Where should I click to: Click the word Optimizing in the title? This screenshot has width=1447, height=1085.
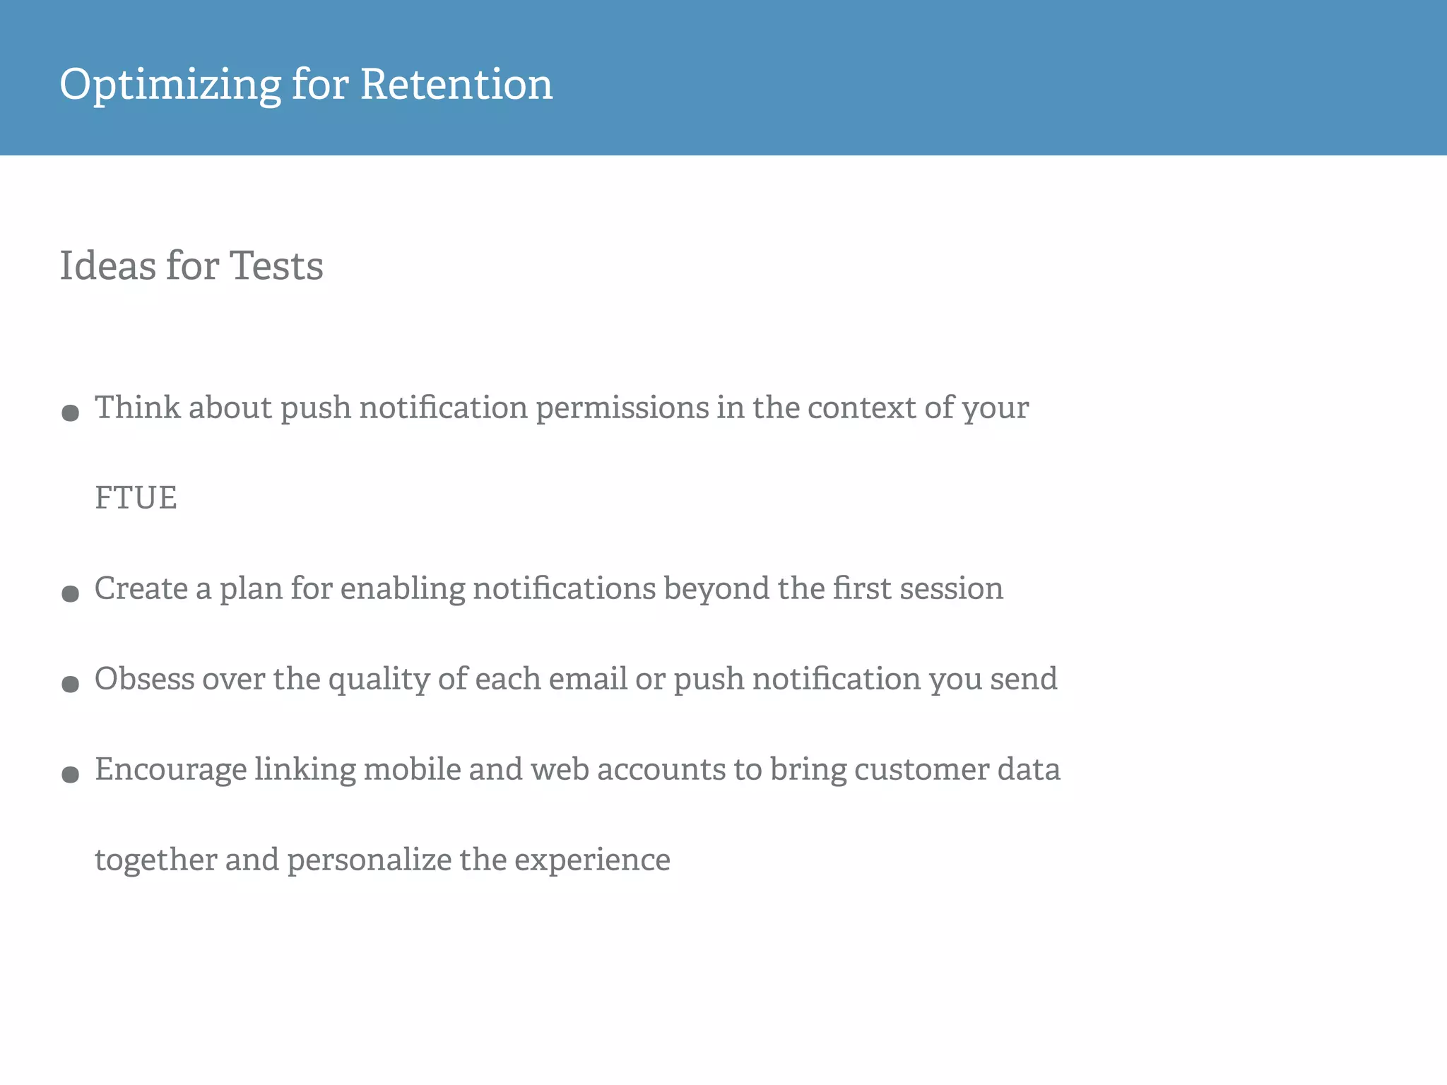(x=170, y=85)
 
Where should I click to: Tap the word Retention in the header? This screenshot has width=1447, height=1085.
(x=456, y=84)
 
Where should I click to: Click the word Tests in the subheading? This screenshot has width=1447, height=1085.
(x=276, y=266)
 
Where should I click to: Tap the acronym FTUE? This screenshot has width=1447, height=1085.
(x=136, y=497)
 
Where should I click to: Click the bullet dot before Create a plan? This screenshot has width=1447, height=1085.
(x=70, y=593)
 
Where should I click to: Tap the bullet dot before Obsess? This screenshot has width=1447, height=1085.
(x=70, y=684)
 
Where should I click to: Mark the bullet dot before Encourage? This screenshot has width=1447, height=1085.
(x=70, y=774)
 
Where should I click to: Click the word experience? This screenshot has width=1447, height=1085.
(x=592, y=860)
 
